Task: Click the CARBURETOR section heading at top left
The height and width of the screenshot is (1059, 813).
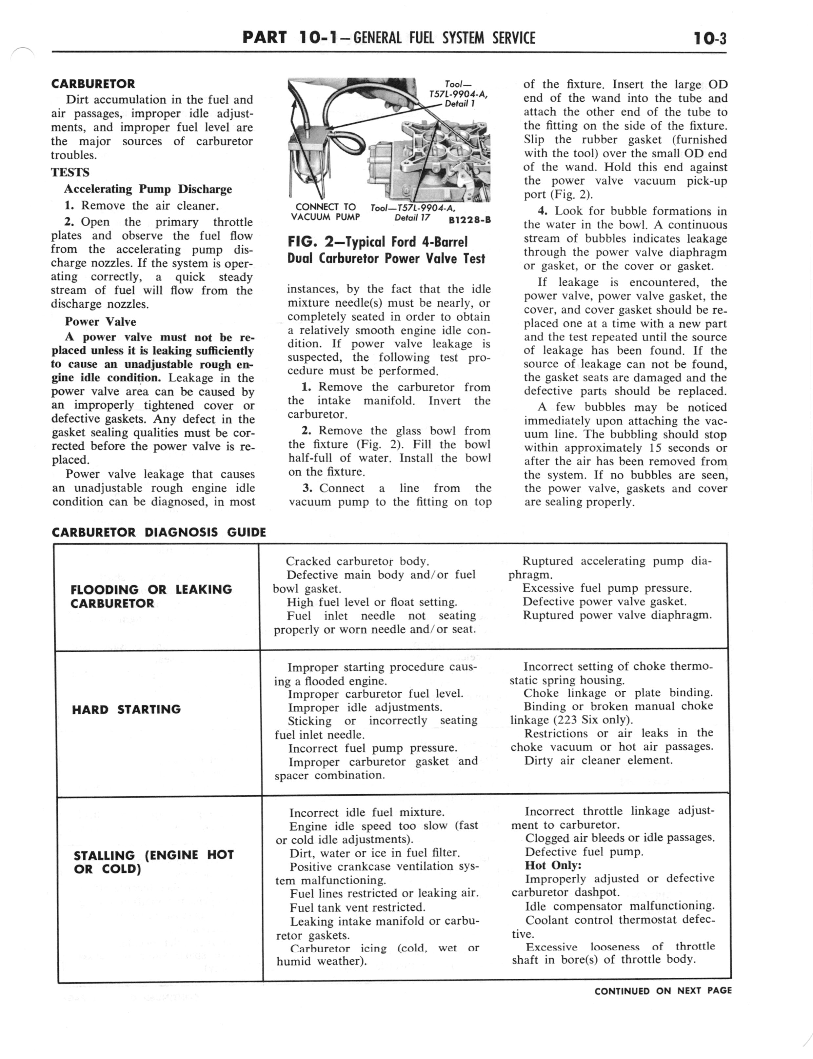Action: [x=93, y=84]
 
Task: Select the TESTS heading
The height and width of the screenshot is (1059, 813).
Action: [x=70, y=172]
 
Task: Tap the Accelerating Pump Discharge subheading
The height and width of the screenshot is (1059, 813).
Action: [x=148, y=189]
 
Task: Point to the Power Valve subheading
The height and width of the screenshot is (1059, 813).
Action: [x=100, y=322]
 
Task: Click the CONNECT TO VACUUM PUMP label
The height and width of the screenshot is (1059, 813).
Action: [x=325, y=212]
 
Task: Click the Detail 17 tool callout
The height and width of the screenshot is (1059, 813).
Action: [x=412, y=217]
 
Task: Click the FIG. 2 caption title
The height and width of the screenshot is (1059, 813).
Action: [x=386, y=250]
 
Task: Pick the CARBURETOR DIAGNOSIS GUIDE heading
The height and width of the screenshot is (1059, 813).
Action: [x=159, y=532]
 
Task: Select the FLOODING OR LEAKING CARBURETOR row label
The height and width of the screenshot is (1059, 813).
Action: [x=151, y=596]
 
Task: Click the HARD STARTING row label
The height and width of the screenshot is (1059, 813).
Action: [x=126, y=709]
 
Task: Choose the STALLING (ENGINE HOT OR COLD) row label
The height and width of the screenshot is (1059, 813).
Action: [x=153, y=862]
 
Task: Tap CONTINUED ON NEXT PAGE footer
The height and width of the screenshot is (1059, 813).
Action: [x=663, y=991]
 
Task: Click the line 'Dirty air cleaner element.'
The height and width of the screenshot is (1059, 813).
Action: [x=598, y=760]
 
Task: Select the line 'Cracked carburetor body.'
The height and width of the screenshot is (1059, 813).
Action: [x=357, y=561]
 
